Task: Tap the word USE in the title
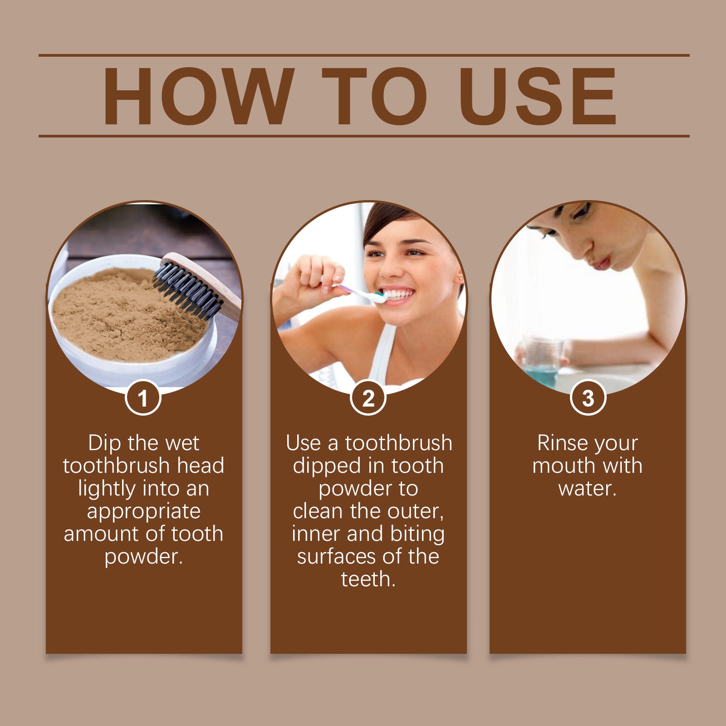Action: point(538,96)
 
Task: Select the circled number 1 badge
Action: point(143,398)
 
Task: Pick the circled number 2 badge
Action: point(368,398)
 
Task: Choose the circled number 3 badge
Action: point(588,398)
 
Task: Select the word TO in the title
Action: point(374,96)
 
